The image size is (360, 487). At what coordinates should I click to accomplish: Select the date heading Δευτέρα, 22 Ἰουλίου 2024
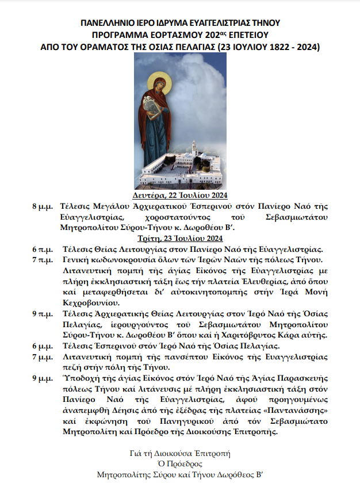pyautogui.click(x=180, y=195)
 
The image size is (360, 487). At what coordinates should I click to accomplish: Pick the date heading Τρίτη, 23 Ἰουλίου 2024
pyautogui.click(x=180, y=237)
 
